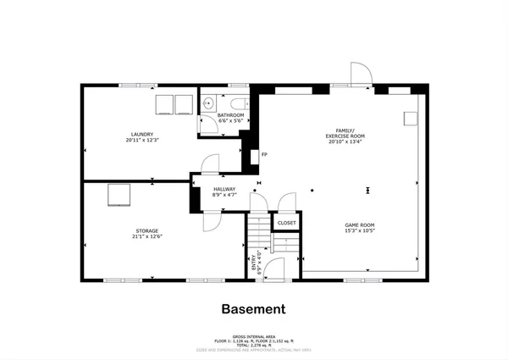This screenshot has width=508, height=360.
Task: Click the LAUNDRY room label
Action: (x=142, y=135)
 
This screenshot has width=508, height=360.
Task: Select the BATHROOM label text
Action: (x=230, y=115)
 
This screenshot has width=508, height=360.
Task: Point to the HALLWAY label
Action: (x=224, y=189)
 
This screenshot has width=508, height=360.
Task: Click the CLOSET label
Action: (x=287, y=224)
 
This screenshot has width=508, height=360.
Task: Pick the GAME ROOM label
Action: (x=360, y=224)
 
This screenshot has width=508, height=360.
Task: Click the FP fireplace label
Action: (x=264, y=155)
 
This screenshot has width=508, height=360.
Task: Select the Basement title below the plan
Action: (x=253, y=309)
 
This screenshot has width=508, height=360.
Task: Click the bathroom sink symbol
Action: (x=208, y=104)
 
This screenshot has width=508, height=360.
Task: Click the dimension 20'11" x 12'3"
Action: (x=142, y=141)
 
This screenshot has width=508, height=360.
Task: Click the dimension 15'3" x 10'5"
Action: (x=360, y=230)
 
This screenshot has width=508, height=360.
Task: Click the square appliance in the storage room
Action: (x=118, y=195)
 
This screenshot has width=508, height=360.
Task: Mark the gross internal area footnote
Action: (x=253, y=339)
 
